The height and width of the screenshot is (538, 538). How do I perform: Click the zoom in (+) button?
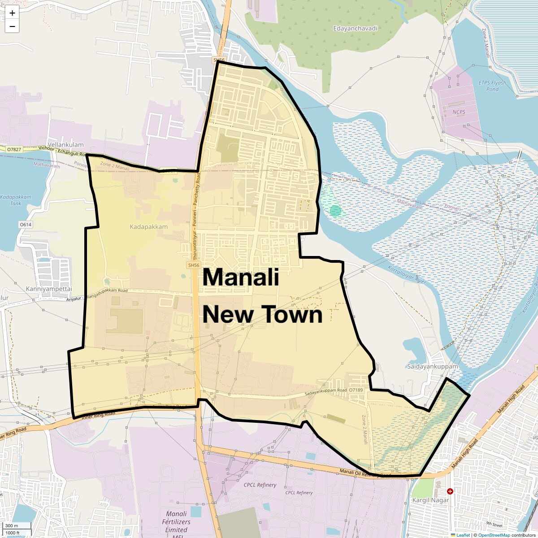coord(12,13)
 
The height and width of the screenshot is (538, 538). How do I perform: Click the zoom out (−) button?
coord(12,26)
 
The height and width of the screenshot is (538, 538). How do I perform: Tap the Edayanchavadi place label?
coord(355,28)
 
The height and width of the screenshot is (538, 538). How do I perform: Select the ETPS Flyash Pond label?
coord(492,86)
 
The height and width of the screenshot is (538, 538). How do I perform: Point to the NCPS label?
coord(459,112)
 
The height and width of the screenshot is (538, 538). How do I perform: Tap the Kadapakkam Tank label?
coord(16,200)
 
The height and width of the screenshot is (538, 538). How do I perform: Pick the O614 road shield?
coord(26,225)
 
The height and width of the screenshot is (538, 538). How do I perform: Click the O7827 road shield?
coord(14,149)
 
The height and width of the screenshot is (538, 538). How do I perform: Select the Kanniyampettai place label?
coord(49,289)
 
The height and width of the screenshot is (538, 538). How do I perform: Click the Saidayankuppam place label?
coord(433,366)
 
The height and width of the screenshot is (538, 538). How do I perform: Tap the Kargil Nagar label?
coord(430,500)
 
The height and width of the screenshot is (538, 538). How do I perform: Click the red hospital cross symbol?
coord(450,491)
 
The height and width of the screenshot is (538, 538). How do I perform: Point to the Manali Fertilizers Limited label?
coord(176,522)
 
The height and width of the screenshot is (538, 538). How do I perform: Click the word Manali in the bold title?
coord(241,277)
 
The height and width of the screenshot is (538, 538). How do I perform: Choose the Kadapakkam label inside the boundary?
coord(149,227)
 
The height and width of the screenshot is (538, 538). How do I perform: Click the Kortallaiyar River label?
coord(407,274)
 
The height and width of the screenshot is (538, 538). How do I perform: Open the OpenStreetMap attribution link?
coord(494,535)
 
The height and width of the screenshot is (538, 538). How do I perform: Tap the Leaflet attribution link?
coord(463,535)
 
